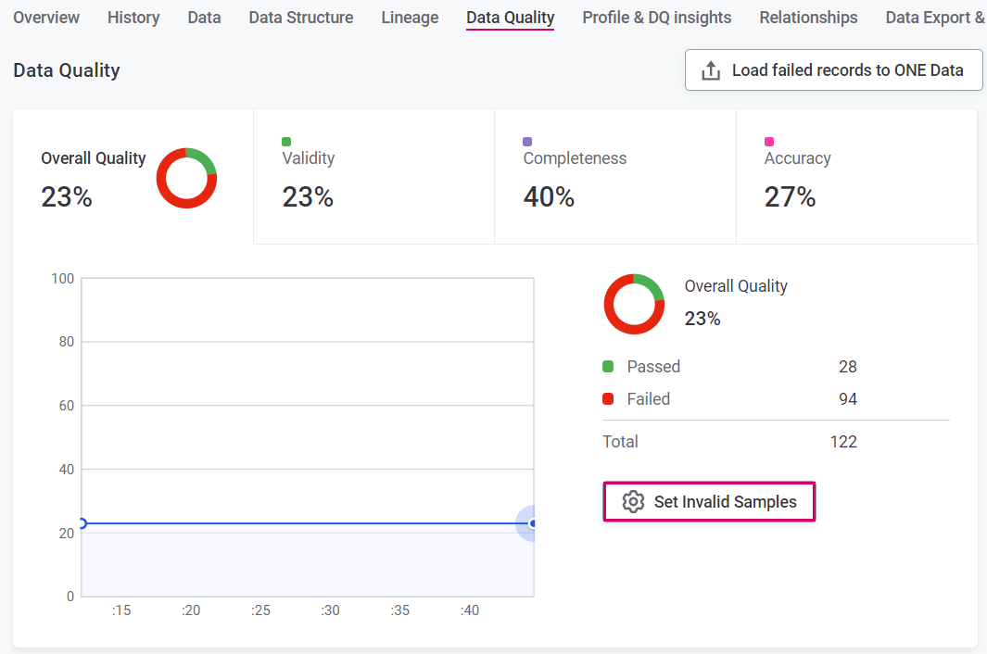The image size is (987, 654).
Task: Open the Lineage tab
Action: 410,18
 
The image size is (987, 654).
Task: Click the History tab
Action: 133,18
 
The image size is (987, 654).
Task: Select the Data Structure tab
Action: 300,18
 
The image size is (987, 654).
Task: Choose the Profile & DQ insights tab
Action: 656,18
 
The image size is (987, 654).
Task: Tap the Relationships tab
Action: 808,18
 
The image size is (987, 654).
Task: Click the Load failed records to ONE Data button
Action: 833,70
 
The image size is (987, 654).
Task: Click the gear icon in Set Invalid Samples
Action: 633,502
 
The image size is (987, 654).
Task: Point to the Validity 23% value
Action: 308,197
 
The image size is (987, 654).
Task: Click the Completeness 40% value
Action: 549,197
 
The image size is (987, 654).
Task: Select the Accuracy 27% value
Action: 790,197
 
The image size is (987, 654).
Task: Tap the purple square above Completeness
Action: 527,142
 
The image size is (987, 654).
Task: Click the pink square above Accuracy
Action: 769,142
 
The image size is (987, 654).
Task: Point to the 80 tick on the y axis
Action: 64,342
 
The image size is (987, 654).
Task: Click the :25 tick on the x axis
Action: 260,610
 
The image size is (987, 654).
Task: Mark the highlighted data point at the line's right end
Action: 532,523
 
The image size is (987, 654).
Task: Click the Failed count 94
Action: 847,399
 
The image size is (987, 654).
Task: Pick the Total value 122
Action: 843,442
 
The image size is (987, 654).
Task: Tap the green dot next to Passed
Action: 608,367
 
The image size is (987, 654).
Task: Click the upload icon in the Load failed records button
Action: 711,70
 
